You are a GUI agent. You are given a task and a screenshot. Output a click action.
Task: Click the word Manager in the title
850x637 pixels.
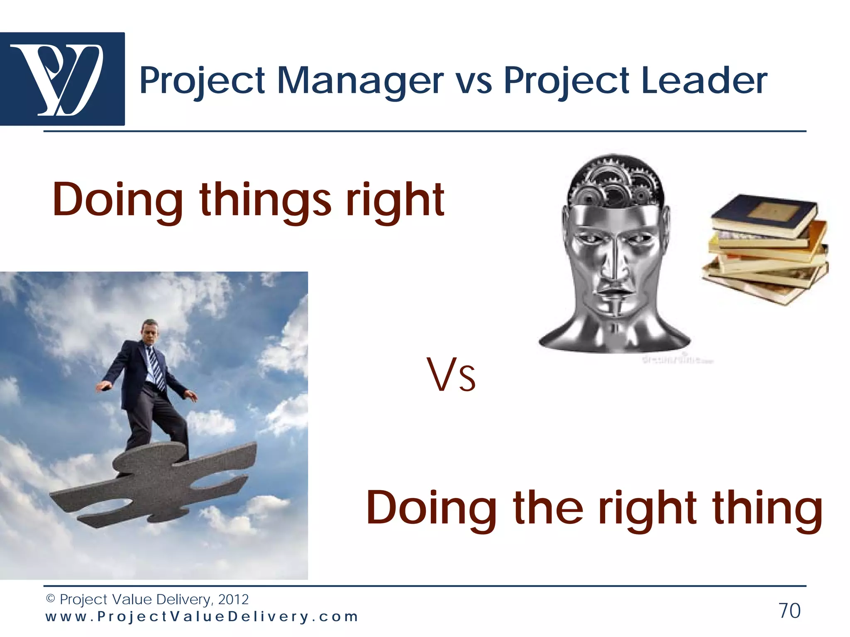coord(360,80)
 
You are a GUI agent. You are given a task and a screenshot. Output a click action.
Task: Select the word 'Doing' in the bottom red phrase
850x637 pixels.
coord(432,508)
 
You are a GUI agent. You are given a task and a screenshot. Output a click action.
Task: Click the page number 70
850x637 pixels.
coord(789,610)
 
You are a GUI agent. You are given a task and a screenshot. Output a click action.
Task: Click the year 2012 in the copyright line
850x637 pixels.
coord(233,599)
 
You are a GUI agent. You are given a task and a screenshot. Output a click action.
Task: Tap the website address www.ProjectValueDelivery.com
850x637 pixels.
coord(202,617)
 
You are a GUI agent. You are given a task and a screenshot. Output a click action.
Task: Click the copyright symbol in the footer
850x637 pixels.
coord(50,599)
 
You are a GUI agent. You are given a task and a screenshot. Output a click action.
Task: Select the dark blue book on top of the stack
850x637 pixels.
coord(764,214)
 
